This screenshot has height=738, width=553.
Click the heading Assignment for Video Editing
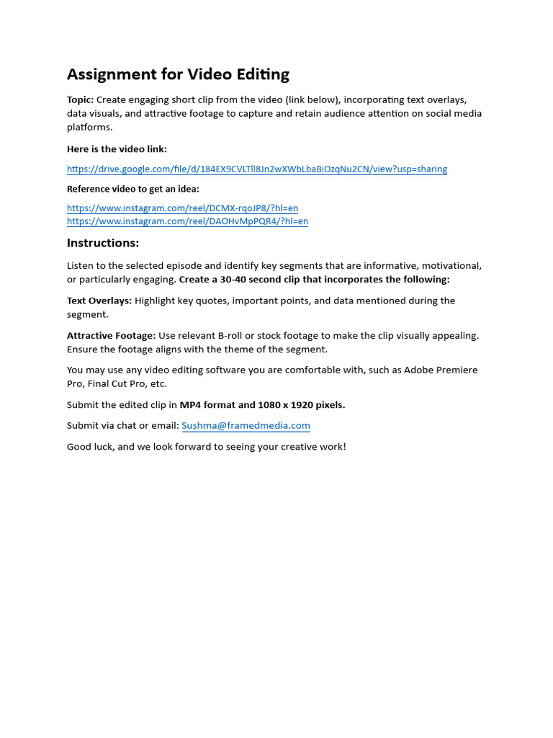click(178, 74)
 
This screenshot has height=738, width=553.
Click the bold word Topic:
click(80, 99)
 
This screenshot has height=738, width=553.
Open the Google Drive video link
click(256, 169)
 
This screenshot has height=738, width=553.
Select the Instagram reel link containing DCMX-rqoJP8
click(182, 208)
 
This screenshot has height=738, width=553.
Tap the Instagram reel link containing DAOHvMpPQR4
click(187, 221)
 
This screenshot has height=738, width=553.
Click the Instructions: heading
click(103, 243)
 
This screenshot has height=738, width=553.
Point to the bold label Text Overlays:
click(99, 301)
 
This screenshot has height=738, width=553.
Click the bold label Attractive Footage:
click(111, 335)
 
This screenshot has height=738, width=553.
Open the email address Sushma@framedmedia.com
click(246, 425)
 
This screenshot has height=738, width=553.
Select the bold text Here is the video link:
click(117, 149)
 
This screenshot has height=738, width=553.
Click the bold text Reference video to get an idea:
click(132, 189)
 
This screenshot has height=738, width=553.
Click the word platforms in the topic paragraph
click(90, 127)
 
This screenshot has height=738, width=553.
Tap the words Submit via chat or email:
click(122, 425)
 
